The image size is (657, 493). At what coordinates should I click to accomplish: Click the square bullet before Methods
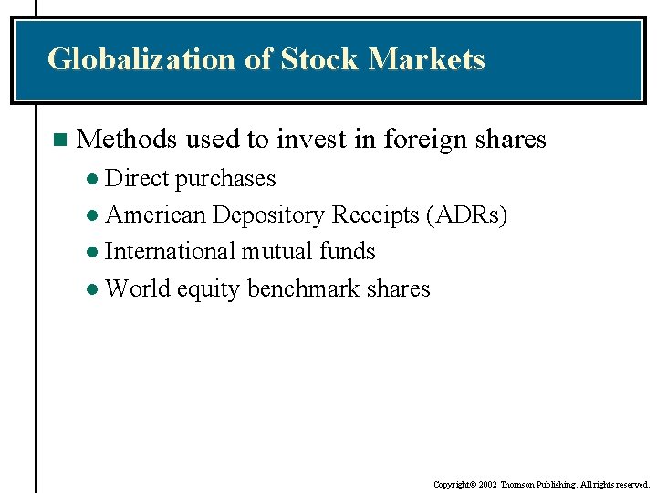59,140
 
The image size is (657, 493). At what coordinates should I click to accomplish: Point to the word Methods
127,140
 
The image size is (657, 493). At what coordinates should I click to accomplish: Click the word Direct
137,178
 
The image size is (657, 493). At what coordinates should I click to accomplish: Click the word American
155,215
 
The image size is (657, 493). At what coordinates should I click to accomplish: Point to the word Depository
268,216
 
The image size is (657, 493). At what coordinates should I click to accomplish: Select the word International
171,251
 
